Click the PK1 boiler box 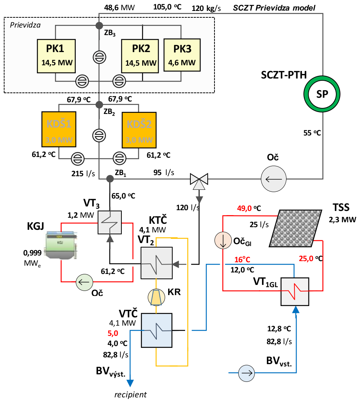(56, 55)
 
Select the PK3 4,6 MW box (182, 55)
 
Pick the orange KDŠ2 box (139, 130)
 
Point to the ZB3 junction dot (99, 25)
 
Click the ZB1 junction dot (110, 178)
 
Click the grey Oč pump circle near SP (273, 178)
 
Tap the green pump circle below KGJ (84, 281)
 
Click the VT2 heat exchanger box (156, 263)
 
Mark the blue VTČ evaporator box (156, 330)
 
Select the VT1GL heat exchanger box (295, 291)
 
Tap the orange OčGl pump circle (223, 240)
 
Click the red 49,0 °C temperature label (249, 208)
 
